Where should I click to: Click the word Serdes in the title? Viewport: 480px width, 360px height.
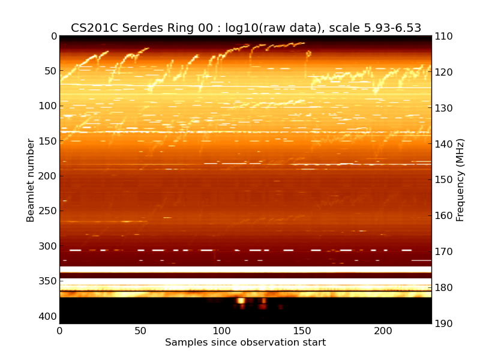coord(143,28)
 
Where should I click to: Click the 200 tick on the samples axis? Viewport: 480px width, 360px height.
coord(383,331)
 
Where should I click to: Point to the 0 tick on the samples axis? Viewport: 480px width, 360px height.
coord(59,331)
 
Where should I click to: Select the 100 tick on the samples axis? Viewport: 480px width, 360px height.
coord(221,331)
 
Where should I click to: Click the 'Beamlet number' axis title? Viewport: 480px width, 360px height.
coord(31,180)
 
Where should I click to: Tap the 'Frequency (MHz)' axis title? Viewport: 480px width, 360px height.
coord(460,180)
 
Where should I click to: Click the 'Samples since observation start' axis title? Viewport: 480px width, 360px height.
coord(245,343)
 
